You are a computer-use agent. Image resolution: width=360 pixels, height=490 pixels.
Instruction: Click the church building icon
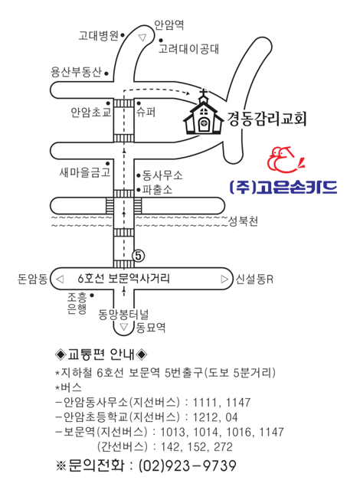click(204, 113)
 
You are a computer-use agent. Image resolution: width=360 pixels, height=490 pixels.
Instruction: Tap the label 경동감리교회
click(267, 119)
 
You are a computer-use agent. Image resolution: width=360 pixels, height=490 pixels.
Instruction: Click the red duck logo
click(284, 160)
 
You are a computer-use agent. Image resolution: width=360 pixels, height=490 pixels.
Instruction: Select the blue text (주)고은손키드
click(283, 188)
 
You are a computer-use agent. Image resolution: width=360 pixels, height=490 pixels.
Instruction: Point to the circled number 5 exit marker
click(139, 256)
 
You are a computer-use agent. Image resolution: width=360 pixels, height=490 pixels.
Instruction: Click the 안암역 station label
click(169, 24)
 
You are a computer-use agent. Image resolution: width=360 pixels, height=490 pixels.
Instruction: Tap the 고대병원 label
click(98, 36)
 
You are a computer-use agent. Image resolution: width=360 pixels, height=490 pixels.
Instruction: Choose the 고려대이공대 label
click(188, 49)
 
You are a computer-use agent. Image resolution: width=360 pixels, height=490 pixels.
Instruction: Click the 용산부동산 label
click(77, 72)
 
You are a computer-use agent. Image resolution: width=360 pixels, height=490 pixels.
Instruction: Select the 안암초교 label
click(91, 113)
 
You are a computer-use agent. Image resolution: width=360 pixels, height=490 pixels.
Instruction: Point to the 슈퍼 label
click(146, 112)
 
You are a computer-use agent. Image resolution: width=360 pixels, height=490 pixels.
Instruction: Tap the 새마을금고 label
click(85, 172)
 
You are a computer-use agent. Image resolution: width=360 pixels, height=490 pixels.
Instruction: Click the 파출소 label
click(157, 189)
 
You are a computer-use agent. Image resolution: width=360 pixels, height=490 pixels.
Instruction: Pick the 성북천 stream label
click(243, 221)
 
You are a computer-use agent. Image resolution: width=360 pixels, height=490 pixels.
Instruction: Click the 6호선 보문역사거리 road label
click(124, 278)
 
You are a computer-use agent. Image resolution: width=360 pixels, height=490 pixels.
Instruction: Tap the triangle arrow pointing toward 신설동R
click(224, 279)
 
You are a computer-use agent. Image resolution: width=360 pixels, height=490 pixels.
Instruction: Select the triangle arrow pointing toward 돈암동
click(60, 279)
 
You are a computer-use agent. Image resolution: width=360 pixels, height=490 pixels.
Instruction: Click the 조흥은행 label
click(77, 303)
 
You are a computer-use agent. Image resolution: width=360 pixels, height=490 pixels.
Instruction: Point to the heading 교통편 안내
click(100, 354)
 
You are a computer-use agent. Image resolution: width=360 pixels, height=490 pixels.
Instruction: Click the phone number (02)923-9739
click(187, 465)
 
